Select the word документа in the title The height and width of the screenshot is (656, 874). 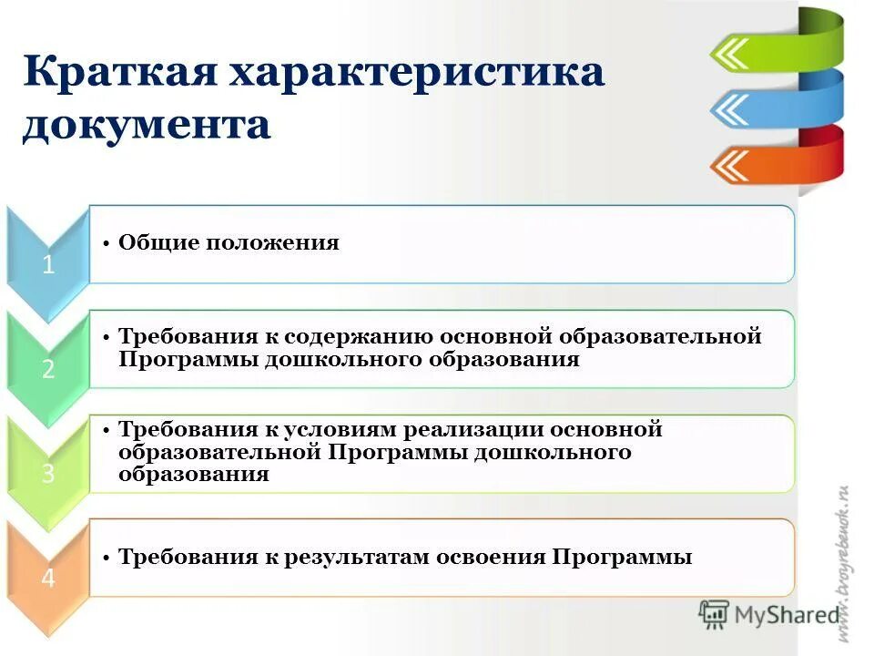coord(147,125)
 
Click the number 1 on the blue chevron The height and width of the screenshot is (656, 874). coord(47,265)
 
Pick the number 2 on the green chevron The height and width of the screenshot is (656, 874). coord(47,369)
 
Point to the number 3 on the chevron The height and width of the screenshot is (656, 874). coord(47,474)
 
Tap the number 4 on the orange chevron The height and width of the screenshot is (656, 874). coord(47,579)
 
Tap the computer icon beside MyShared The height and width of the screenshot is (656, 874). coord(715,615)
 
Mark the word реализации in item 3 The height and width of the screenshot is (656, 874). coord(474,429)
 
